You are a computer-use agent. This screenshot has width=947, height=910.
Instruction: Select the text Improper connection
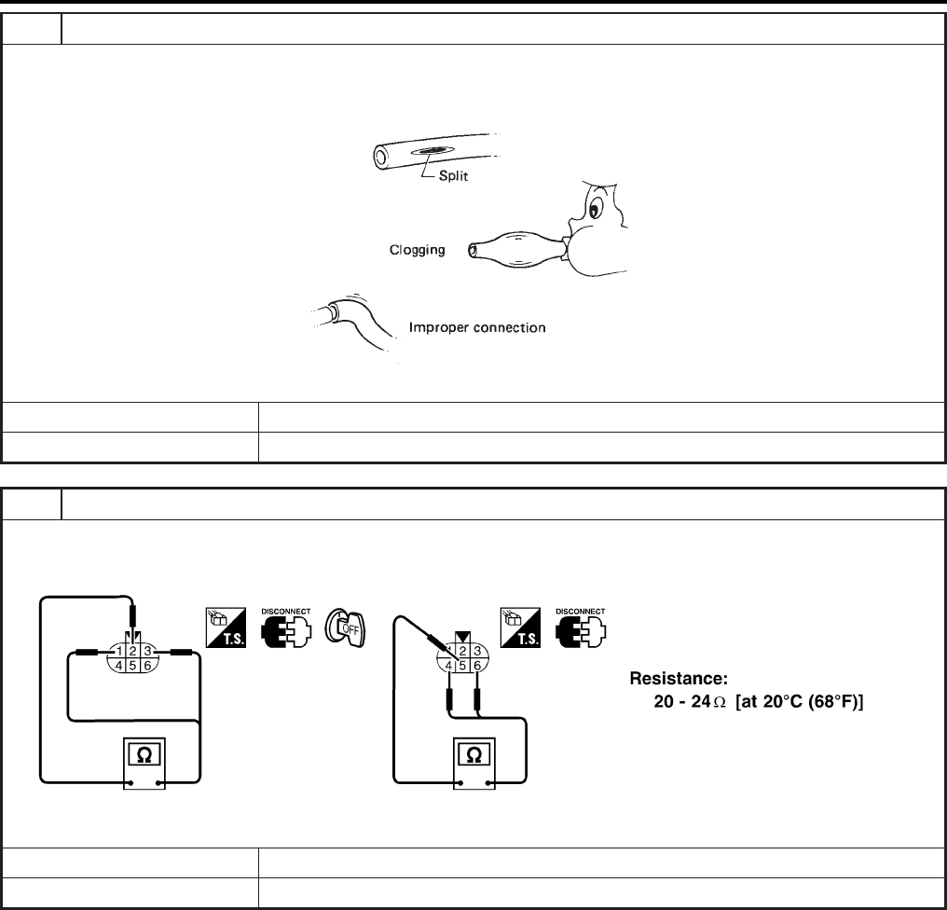(478, 328)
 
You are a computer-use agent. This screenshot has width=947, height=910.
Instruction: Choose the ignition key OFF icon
(343, 625)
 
